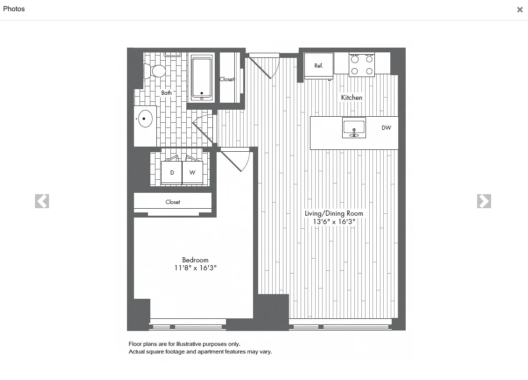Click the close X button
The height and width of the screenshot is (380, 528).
click(520, 10)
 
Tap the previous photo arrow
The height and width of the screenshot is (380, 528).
click(42, 201)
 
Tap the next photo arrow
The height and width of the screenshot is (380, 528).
click(484, 201)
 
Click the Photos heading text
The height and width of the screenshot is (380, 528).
click(14, 9)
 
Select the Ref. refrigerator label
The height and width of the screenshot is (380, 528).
click(318, 66)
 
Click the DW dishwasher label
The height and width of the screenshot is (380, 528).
click(386, 128)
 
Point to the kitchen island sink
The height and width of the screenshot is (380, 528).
click(354, 128)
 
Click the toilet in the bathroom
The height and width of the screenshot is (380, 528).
click(156, 71)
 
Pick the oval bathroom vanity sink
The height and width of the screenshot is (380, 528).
click(145, 119)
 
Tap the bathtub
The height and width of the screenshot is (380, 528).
click(202, 77)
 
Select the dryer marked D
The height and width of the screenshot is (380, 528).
click(172, 173)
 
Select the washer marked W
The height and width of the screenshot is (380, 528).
click(192, 173)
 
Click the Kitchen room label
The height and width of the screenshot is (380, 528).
click(352, 98)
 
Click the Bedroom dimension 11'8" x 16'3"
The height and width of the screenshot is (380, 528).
click(195, 268)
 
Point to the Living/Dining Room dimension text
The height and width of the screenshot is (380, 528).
click(334, 222)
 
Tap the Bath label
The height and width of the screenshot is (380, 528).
click(167, 93)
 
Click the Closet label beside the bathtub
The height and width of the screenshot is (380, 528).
click(227, 79)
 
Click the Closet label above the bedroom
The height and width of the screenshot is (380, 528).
click(173, 202)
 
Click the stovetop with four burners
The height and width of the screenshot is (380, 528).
click(362, 65)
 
